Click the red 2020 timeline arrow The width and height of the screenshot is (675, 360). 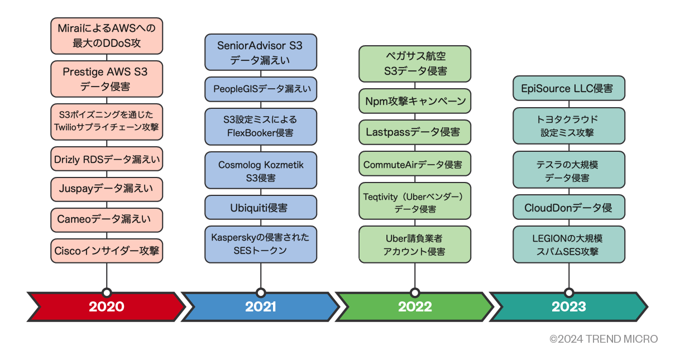pyautogui.click(x=106, y=306)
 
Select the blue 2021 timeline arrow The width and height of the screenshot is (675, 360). pyautogui.click(x=260, y=306)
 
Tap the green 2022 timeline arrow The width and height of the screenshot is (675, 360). pyautogui.click(x=414, y=306)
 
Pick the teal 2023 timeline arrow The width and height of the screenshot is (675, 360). pyautogui.click(x=568, y=306)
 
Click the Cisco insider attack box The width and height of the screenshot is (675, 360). pyautogui.click(x=107, y=251)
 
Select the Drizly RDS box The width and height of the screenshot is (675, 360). pyautogui.click(x=107, y=160)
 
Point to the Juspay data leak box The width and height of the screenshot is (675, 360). pyautogui.click(x=107, y=189)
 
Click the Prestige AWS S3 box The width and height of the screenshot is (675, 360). pyautogui.click(x=107, y=79)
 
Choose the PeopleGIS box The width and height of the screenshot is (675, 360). pyautogui.click(x=261, y=89)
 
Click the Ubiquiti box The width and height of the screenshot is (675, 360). pyautogui.click(x=261, y=208)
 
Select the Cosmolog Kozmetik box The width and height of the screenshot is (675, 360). pyautogui.click(x=261, y=171)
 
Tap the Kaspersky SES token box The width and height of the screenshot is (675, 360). pyautogui.click(x=261, y=244)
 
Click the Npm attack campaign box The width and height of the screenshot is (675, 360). pyautogui.click(x=415, y=102)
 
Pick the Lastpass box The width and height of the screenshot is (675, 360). pyautogui.click(x=415, y=132)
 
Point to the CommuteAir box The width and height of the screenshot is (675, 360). pyautogui.click(x=415, y=165)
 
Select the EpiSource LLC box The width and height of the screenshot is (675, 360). pyautogui.click(x=569, y=89)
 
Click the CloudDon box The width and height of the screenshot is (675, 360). pyautogui.click(x=569, y=208)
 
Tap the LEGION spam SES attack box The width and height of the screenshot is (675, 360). pyautogui.click(x=569, y=244)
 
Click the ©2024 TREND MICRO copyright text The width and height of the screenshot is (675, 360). pyautogui.click(x=604, y=339)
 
